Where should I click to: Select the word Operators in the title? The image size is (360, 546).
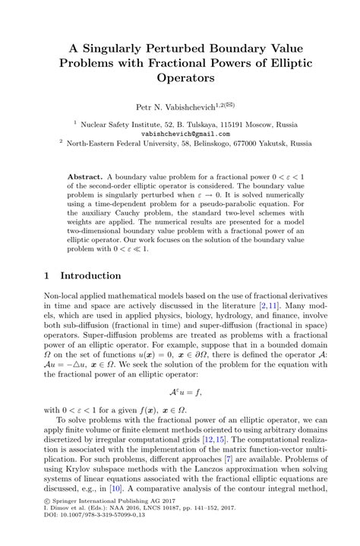(x=179, y=77)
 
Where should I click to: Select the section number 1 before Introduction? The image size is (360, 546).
(x=46, y=276)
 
